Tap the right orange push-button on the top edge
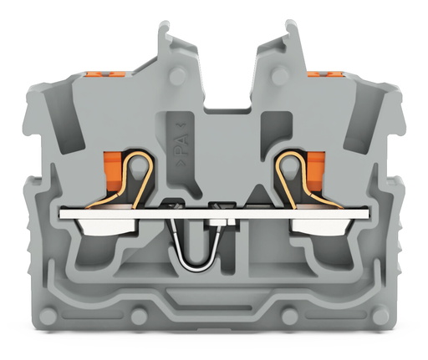[x=325, y=74]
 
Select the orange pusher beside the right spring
[x=315, y=171]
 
